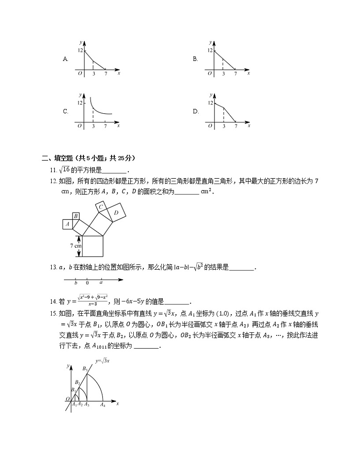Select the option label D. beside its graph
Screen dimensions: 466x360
(196, 111)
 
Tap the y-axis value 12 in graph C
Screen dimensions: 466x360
(80, 103)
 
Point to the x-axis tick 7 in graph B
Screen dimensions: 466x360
(235, 73)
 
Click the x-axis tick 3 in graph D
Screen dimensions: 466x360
(224, 126)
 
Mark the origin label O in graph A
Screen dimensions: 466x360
(79, 73)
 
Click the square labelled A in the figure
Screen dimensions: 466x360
(68, 224)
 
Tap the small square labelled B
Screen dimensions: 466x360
(76, 216)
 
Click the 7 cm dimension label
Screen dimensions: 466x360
(76, 246)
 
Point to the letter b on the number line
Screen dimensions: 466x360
(76, 283)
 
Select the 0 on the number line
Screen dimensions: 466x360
(87, 283)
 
